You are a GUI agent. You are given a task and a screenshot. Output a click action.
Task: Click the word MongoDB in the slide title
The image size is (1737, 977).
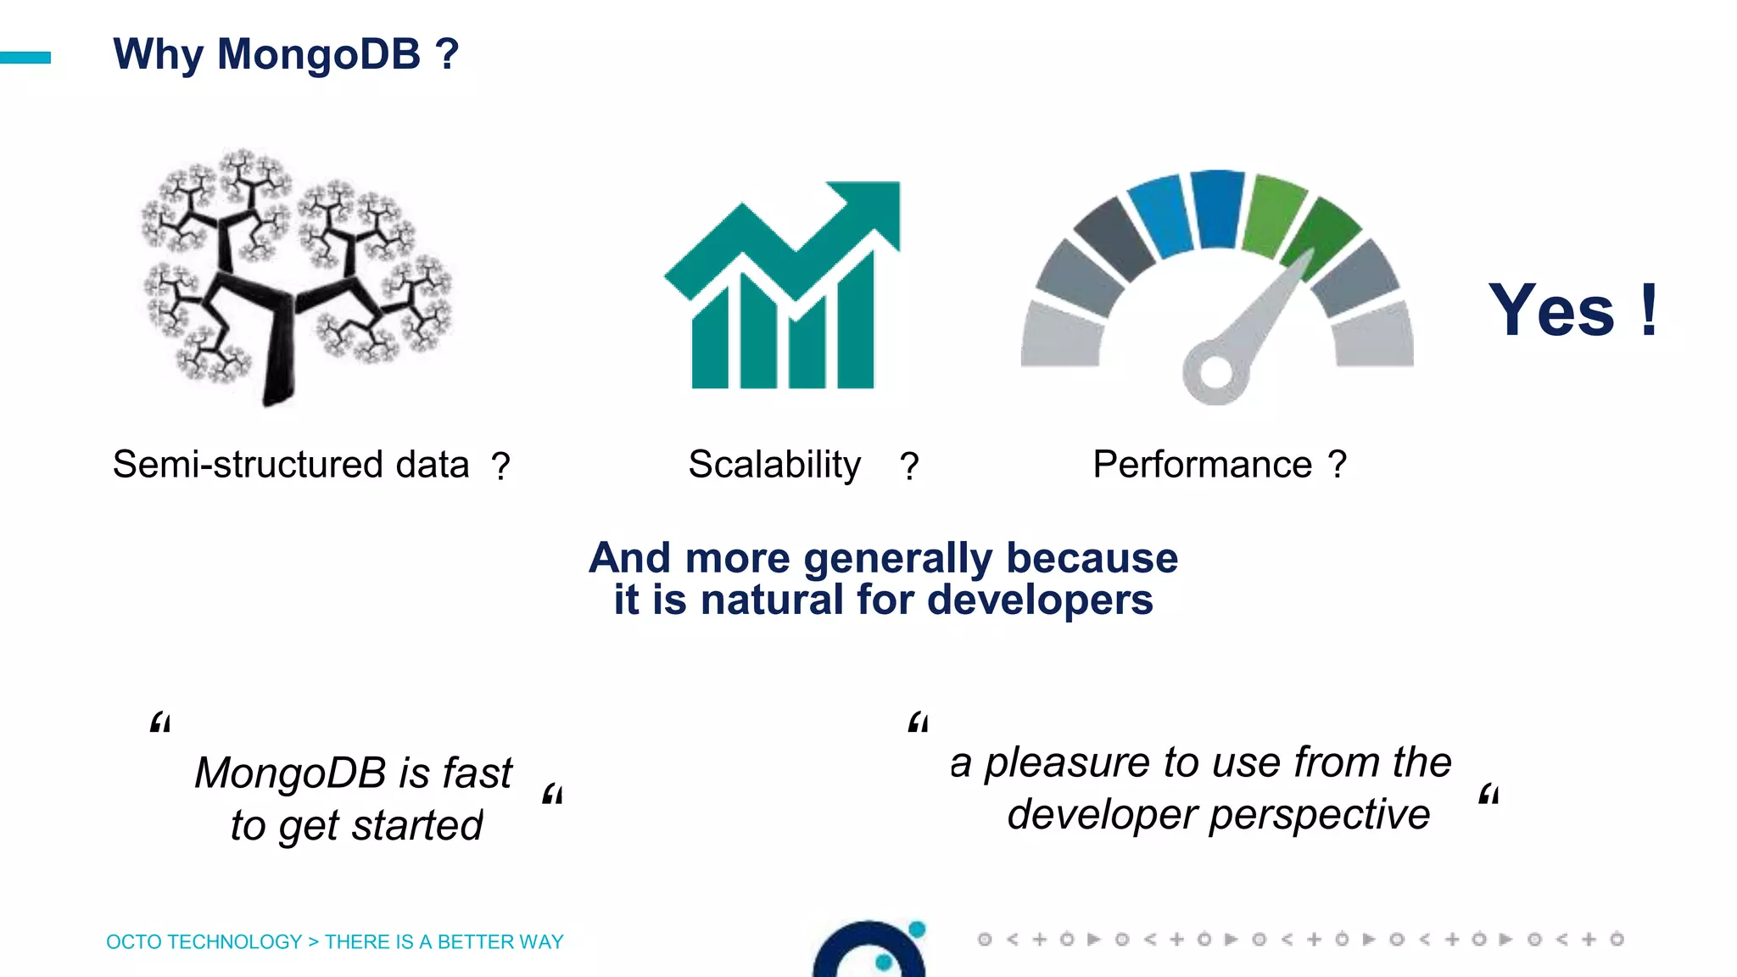pos(319,54)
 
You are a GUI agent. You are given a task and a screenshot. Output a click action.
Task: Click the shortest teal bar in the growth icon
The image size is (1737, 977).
pos(710,339)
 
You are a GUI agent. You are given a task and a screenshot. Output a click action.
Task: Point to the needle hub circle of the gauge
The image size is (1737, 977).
pos(1215,371)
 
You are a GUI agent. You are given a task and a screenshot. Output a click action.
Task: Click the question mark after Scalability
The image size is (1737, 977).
pos(909,466)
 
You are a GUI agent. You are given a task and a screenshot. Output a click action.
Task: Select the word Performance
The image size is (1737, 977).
pos(1202,465)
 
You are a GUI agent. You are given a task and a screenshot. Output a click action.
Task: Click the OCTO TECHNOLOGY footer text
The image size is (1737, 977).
pos(204,941)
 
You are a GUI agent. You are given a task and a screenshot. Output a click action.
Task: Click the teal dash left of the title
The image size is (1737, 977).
pos(25,58)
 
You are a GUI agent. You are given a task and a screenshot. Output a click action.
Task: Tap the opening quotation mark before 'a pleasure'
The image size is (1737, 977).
pos(918,723)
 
